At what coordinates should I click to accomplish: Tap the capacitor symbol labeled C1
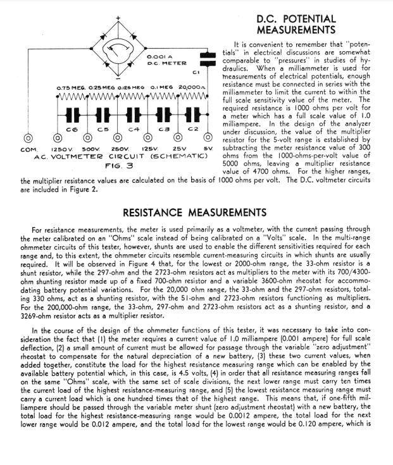(204, 61)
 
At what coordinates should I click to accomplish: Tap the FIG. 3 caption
(117, 165)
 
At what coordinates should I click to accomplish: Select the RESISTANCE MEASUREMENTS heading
(194, 213)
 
